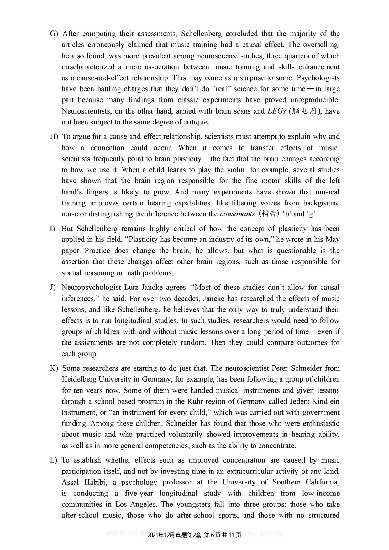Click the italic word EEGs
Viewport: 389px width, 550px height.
(276, 111)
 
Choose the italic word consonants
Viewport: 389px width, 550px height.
(237, 214)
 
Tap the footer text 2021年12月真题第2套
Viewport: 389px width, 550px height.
(174, 535)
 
